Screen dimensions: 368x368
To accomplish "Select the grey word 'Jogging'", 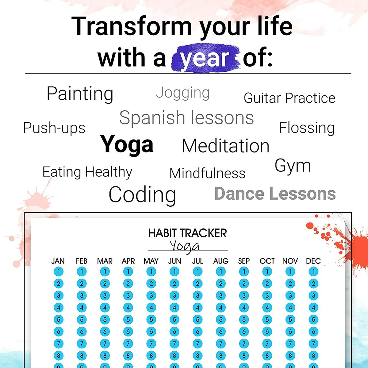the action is coord(183,93).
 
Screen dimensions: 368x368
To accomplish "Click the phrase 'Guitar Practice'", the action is coord(289,98).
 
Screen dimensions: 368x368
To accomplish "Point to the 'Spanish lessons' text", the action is coord(186,118).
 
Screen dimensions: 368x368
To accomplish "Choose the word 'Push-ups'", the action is coord(54,128).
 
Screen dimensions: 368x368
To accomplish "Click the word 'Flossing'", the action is coord(307,128).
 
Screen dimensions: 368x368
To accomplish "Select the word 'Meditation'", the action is coord(225,146).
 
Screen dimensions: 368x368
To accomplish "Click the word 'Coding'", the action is coord(142,195).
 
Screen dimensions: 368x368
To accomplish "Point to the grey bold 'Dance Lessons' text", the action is coord(275,194).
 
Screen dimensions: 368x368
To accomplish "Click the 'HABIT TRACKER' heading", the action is coord(188,233).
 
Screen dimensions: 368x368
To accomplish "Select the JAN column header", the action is coord(58,261).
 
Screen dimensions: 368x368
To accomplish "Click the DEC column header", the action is coord(313,261).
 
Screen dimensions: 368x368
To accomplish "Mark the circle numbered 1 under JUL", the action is coord(198,272).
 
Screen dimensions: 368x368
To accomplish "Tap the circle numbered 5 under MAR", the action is coord(105,320).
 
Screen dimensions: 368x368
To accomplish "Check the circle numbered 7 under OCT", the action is coord(267,344).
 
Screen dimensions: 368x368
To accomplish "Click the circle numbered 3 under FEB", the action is coord(82,296).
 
